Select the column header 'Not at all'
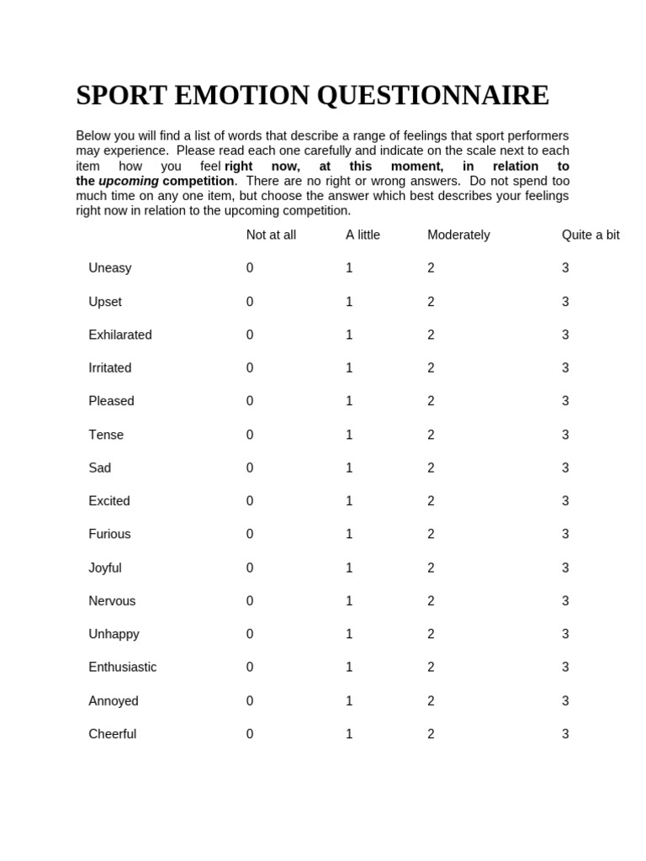click(271, 235)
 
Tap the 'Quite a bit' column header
click(590, 235)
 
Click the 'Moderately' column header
click(458, 235)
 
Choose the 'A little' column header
click(363, 235)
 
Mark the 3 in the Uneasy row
click(565, 268)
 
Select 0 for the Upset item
click(250, 302)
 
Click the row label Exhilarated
click(120, 335)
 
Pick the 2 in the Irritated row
click(431, 368)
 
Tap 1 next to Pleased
click(349, 401)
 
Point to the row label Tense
click(106, 435)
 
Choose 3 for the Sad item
click(565, 467)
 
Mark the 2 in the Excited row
click(431, 501)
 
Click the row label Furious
click(109, 534)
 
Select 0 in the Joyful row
click(250, 568)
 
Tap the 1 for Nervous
click(349, 601)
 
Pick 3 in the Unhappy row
click(565, 634)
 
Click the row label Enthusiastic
click(123, 667)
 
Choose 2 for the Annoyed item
click(431, 700)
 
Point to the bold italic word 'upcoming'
click(129, 182)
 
